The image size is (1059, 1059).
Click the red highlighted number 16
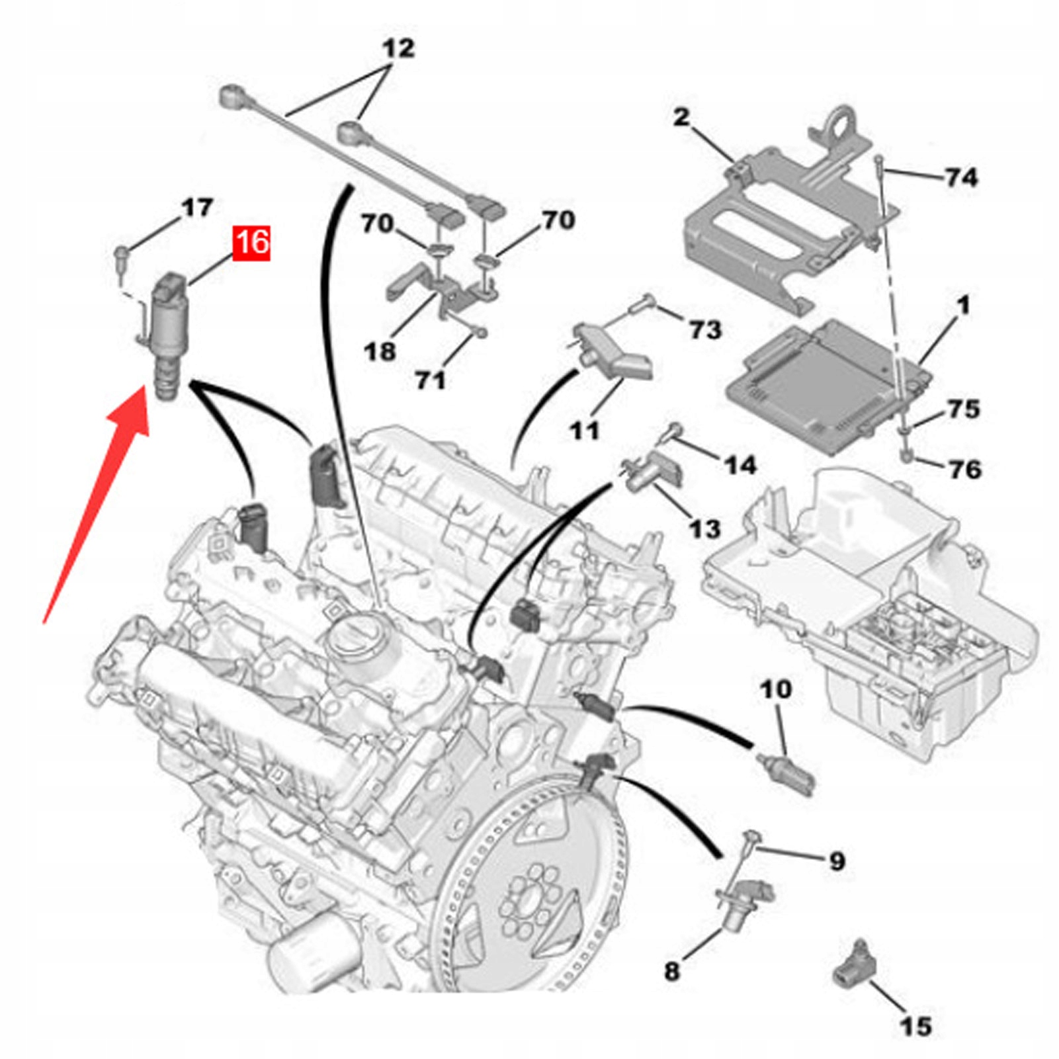tap(251, 242)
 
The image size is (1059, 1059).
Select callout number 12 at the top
tap(399, 48)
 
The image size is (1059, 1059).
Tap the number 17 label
tap(196, 208)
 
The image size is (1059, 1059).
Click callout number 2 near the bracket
tap(681, 118)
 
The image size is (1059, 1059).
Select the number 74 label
tap(961, 177)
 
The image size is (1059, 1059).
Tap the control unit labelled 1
tap(827, 384)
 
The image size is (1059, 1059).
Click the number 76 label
tap(964, 469)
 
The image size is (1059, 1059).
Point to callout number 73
tap(704, 329)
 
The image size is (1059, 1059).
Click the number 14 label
tap(740, 465)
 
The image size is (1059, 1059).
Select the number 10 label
tap(776, 689)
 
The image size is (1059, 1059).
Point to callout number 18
tap(380, 351)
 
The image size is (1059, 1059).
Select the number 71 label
tap(431, 380)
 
